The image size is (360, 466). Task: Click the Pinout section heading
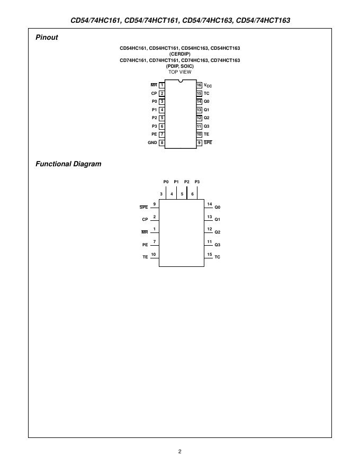click(47, 38)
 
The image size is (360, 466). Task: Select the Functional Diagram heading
click(68, 164)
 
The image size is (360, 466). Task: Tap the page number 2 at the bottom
click(180, 452)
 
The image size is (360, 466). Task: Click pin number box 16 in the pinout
click(199, 85)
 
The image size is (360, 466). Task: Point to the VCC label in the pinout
click(208, 85)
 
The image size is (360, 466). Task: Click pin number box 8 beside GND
click(161, 143)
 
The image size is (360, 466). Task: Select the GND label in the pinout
click(152, 143)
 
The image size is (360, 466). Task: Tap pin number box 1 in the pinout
click(161, 85)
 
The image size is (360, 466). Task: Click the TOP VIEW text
click(180, 71)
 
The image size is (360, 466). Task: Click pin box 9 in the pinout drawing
click(199, 143)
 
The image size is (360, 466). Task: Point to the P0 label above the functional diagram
click(166, 182)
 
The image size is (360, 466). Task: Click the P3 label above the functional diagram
click(197, 182)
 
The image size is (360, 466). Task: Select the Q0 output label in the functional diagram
click(218, 207)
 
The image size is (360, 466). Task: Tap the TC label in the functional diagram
click(218, 257)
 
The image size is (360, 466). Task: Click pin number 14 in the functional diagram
click(210, 204)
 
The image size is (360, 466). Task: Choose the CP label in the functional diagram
click(145, 219)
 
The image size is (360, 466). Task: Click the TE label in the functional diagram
click(145, 257)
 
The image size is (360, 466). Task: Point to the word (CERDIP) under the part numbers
click(180, 54)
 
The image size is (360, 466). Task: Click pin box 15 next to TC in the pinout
click(199, 93)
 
